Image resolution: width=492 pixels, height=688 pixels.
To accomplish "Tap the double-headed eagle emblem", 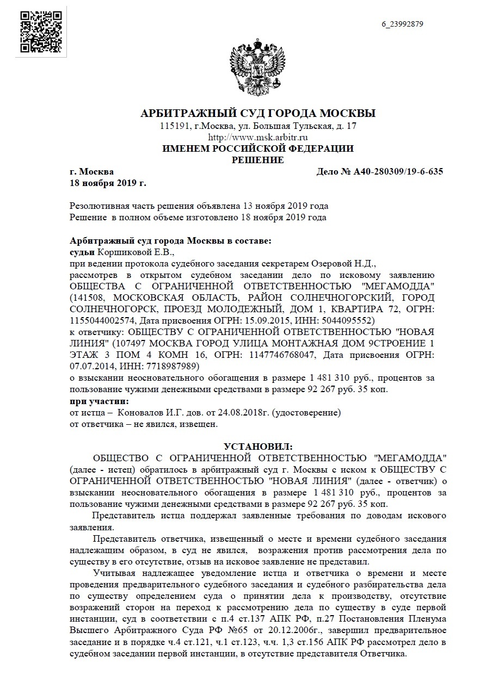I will pos(259,66).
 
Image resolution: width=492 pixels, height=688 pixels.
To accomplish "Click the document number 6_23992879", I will pos(402,24).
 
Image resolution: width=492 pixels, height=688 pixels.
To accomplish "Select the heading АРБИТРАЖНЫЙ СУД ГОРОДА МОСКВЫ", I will pos(258,114).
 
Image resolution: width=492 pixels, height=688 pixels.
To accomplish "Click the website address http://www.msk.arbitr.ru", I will pos(258,138).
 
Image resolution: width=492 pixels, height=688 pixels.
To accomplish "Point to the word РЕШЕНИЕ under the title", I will pos(258,160).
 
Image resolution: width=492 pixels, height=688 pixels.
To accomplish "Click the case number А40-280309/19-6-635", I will pos(380,172).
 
